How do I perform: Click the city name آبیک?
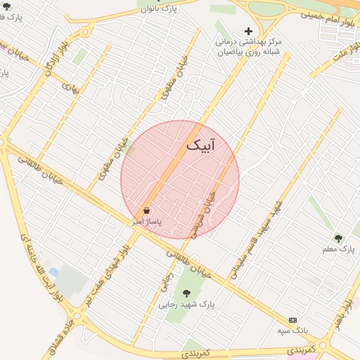(202, 146)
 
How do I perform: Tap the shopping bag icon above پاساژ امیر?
(146, 210)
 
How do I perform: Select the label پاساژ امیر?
(148, 221)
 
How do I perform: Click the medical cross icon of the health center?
(247, 31)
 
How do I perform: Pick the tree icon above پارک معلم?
(338, 238)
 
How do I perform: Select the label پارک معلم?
(339, 250)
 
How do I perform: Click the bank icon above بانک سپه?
(292, 320)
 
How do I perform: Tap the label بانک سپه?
(292, 330)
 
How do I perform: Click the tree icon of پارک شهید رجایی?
(186, 293)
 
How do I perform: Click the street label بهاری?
(70, 88)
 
